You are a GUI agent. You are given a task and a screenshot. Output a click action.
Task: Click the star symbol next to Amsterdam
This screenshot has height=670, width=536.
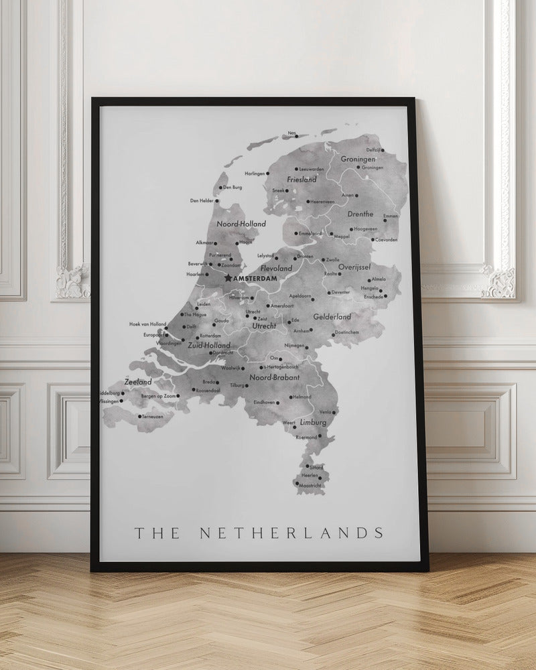click(x=228, y=277)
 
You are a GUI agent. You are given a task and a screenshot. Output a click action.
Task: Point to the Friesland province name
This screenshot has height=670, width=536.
click(x=301, y=180)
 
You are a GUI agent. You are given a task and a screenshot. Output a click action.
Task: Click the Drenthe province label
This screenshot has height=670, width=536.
click(x=360, y=214)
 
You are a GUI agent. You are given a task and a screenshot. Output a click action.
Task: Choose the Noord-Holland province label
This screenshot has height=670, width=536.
click(x=242, y=224)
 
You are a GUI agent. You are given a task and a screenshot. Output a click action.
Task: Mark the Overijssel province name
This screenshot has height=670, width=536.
click(x=354, y=267)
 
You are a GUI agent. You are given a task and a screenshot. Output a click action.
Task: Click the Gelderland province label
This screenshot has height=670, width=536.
click(x=332, y=316)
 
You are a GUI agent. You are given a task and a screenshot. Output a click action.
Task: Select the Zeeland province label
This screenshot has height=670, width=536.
click(x=139, y=381)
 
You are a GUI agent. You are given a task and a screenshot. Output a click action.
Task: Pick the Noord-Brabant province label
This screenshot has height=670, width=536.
click(x=274, y=378)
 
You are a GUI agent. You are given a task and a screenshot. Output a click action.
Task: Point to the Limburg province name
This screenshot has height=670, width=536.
click(x=313, y=423)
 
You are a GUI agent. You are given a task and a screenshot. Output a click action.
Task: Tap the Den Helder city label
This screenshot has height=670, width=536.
click(x=202, y=200)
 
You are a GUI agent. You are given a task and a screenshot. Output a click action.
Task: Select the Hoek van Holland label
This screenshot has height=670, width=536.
click(x=147, y=324)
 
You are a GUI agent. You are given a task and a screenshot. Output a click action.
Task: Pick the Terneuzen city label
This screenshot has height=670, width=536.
click(x=153, y=416)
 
